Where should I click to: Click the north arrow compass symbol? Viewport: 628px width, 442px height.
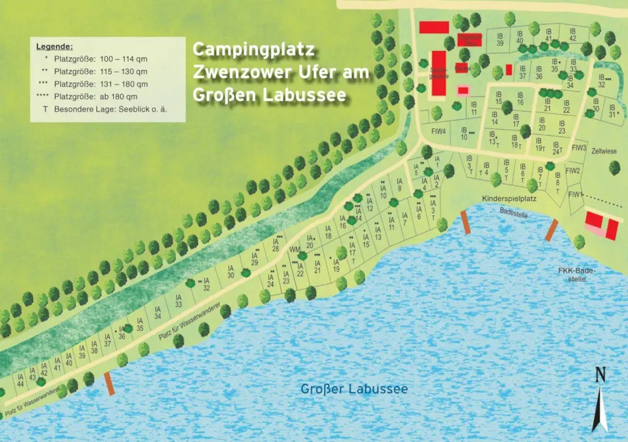(600, 401)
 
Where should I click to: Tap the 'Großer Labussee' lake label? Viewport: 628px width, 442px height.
(354, 388)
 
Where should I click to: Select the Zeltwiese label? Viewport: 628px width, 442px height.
(604, 152)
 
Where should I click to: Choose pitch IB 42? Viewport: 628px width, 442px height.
(572, 34)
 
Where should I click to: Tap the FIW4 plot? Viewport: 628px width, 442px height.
(438, 131)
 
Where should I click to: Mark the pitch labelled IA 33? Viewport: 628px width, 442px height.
(178, 302)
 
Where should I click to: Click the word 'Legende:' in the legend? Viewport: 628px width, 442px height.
(54, 46)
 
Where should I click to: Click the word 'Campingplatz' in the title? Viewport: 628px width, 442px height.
(253, 50)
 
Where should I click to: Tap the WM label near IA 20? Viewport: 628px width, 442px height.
(295, 249)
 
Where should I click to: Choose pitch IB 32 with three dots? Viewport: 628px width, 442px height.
(602, 81)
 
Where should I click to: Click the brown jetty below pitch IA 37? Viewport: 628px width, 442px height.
(110, 384)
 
